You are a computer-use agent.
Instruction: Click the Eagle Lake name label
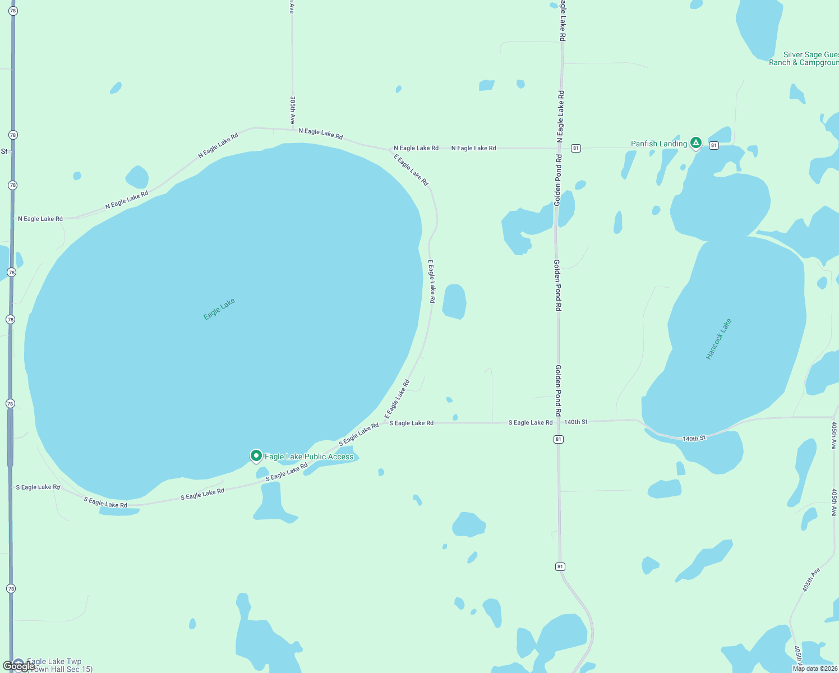(x=219, y=309)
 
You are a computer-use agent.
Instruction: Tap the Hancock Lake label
(x=718, y=339)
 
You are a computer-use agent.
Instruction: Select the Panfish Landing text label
(x=658, y=144)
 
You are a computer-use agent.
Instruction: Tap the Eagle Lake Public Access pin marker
(x=256, y=456)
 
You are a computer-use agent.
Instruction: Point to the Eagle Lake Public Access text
(x=309, y=457)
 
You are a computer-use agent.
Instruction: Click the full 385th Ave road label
(x=292, y=110)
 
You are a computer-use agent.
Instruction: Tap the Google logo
(x=19, y=666)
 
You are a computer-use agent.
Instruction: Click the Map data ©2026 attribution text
(x=815, y=669)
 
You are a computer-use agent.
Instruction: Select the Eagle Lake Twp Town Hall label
(x=56, y=665)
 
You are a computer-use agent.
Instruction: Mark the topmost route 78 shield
(x=13, y=11)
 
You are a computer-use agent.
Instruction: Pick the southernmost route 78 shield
(x=11, y=588)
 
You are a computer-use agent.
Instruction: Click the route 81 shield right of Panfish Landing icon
(x=713, y=145)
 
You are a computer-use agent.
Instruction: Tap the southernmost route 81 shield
(x=560, y=566)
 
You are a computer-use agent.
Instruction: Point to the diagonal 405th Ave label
(x=811, y=579)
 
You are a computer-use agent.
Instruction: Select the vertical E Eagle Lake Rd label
(x=432, y=282)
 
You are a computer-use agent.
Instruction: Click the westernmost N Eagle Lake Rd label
(x=40, y=219)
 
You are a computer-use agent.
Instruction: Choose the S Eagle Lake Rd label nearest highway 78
(x=38, y=487)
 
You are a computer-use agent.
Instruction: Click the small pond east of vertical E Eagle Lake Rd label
(x=454, y=302)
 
